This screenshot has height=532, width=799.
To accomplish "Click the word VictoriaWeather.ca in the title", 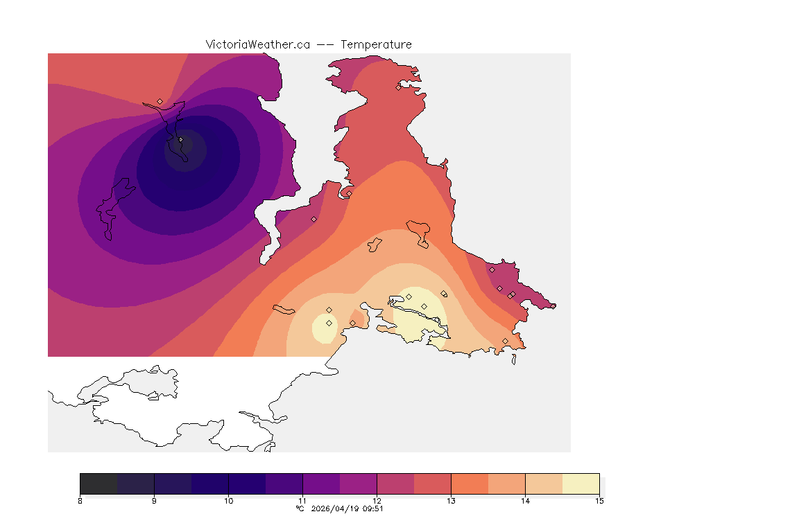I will click(257, 44).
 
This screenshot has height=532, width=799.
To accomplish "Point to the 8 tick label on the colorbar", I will click(80, 500).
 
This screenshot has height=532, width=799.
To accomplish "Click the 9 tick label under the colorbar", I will click(154, 500).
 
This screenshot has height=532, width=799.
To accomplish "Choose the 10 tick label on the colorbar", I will click(228, 500).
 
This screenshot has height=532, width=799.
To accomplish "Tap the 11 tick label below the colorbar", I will click(302, 500).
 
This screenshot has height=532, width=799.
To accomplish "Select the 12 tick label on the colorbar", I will click(377, 500).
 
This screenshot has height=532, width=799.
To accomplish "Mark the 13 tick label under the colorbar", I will click(451, 500).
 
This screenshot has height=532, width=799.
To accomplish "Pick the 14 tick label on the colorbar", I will click(525, 500).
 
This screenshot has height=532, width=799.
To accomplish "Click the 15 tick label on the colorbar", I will click(599, 500).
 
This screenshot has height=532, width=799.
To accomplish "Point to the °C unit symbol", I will click(300, 508).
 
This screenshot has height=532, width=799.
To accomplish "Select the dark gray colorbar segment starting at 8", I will click(98, 483).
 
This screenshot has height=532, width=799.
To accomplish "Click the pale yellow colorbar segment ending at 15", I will click(581, 483).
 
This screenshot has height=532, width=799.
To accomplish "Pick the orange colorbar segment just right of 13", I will click(470, 483).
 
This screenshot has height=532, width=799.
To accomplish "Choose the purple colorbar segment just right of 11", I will click(321, 483).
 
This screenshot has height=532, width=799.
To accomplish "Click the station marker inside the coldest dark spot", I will click(181, 140).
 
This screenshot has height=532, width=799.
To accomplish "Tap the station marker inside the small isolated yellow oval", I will click(329, 323).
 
